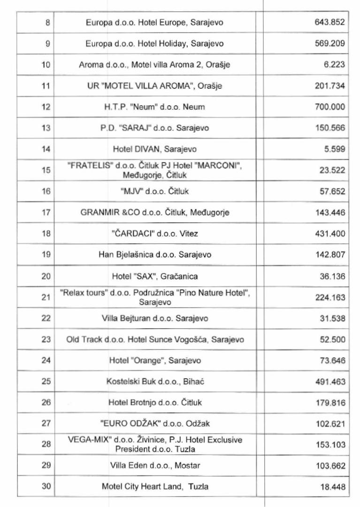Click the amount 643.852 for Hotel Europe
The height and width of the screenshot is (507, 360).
click(x=329, y=22)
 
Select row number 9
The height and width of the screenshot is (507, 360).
click(x=46, y=44)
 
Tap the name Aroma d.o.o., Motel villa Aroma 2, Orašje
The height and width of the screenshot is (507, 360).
click(x=154, y=65)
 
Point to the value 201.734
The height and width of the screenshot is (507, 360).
click(x=329, y=86)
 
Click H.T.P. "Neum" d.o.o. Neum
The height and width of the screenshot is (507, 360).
click(x=154, y=107)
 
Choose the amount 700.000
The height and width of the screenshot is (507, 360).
click(x=329, y=107)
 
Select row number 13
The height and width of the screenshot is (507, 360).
click(x=46, y=128)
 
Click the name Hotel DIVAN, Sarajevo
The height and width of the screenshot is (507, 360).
click(x=154, y=149)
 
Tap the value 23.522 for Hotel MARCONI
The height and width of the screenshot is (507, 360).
click(x=332, y=170)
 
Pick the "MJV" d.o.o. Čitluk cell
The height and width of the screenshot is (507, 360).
click(x=154, y=192)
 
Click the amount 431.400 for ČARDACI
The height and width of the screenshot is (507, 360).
click(x=329, y=234)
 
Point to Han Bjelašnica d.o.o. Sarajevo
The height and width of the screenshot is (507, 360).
click(x=154, y=255)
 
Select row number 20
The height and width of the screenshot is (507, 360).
click(x=46, y=276)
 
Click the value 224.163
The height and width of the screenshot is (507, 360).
click(x=329, y=297)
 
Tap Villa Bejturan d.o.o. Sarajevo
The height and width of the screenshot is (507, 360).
click(x=154, y=318)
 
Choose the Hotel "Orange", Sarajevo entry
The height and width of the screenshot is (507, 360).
click(x=154, y=361)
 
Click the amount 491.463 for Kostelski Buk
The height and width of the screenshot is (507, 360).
click(x=329, y=382)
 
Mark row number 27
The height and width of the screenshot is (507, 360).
click(x=46, y=423)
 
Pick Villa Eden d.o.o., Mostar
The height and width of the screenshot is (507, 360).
click(x=154, y=466)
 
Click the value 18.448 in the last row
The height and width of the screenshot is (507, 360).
click(x=332, y=487)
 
